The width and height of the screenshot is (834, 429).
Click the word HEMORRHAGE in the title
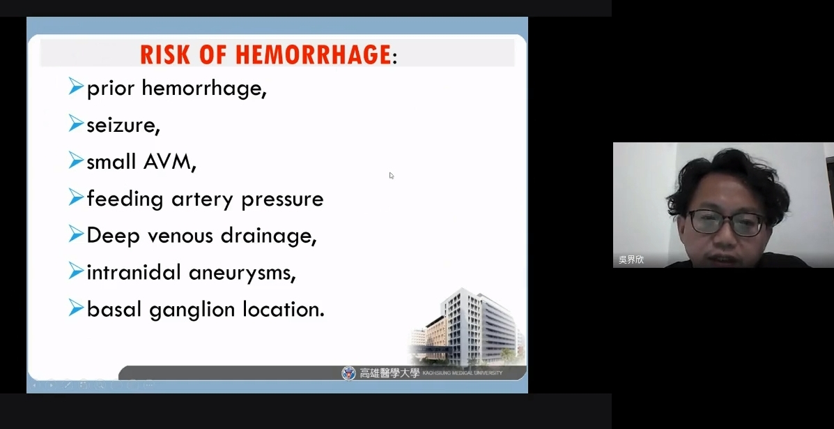tap(314, 54)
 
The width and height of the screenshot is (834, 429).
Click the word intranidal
tap(134, 272)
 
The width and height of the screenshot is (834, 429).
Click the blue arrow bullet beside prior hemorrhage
tap(76, 86)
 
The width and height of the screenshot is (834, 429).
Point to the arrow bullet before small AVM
tap(76, 160)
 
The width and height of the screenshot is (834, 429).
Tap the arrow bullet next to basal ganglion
tap(76, 308)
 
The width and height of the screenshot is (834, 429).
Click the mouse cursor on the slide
tap(392, 176)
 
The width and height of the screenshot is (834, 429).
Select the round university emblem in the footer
tap(348, 373)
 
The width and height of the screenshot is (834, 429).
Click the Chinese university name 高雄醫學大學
tap(389, 373)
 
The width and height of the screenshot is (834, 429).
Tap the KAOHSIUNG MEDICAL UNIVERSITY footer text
tap(462, 373)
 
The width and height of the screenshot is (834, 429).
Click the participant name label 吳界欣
tap(631, 259)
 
